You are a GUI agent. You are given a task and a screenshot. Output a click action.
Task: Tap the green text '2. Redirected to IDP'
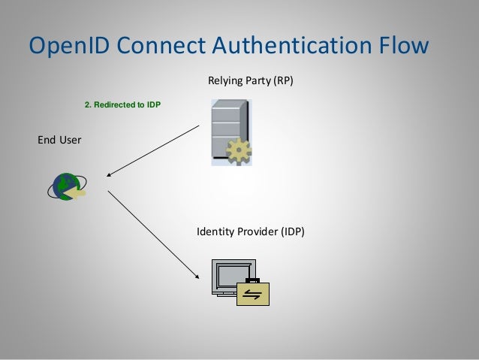[x=122, y=104]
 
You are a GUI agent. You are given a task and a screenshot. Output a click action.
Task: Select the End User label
[x=60, y=139]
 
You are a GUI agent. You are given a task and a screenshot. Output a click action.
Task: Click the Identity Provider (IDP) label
[x=250, y=231]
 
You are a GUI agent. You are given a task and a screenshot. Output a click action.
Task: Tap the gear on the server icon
[x=239, y=153]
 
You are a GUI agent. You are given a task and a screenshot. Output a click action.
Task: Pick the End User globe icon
[x=66, y=186]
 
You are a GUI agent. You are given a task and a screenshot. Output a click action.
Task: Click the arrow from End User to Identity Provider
[x=154, y=234]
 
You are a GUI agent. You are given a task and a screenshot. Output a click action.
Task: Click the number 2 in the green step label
[x=86, y=104]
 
